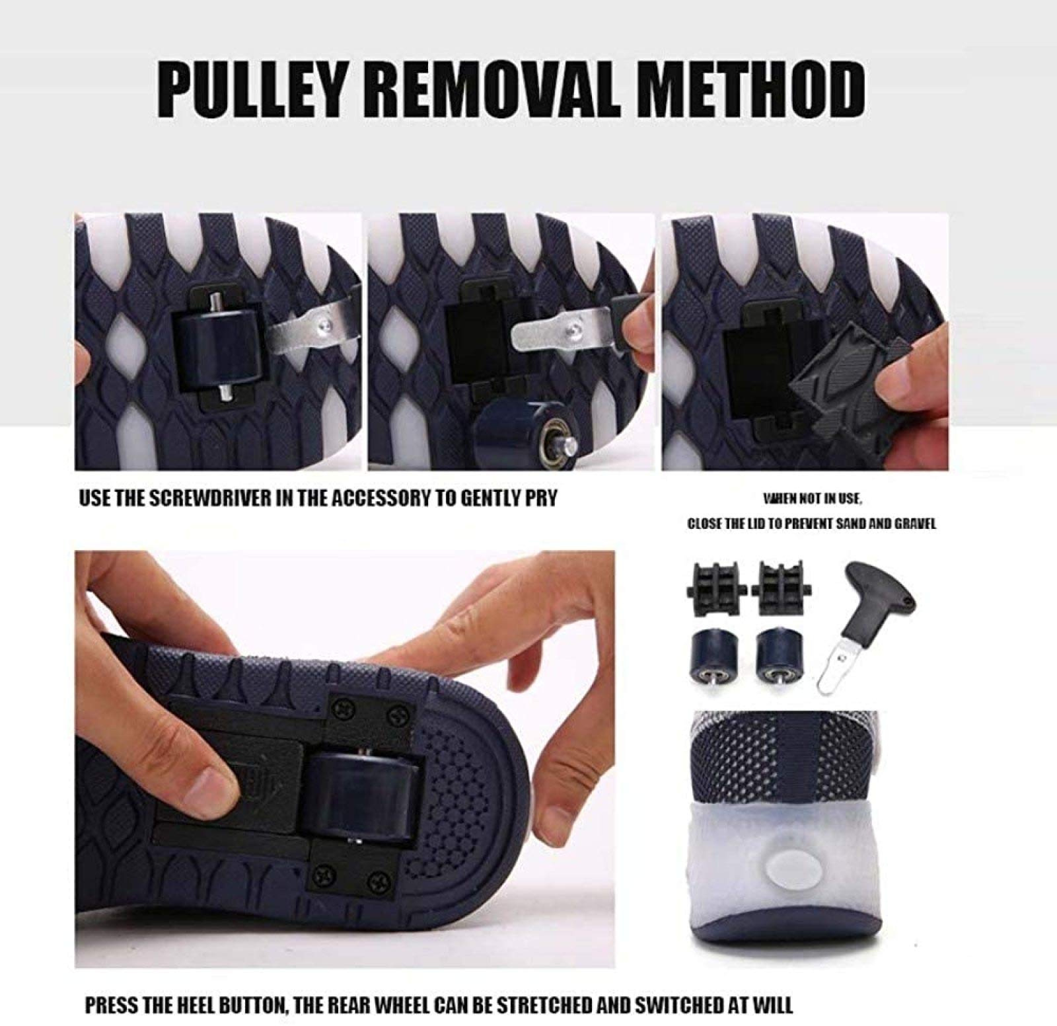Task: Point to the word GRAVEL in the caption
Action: click(x=916, y=524)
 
